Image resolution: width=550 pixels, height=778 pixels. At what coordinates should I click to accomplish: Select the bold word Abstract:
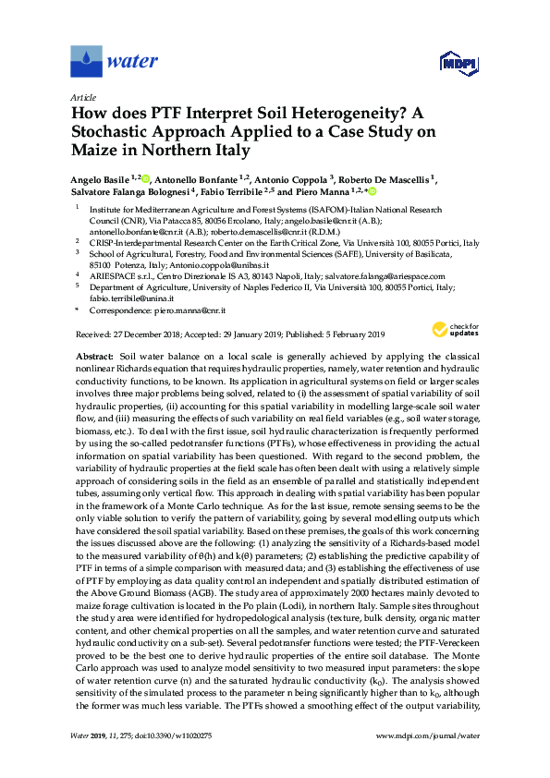(x=94, y=354)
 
